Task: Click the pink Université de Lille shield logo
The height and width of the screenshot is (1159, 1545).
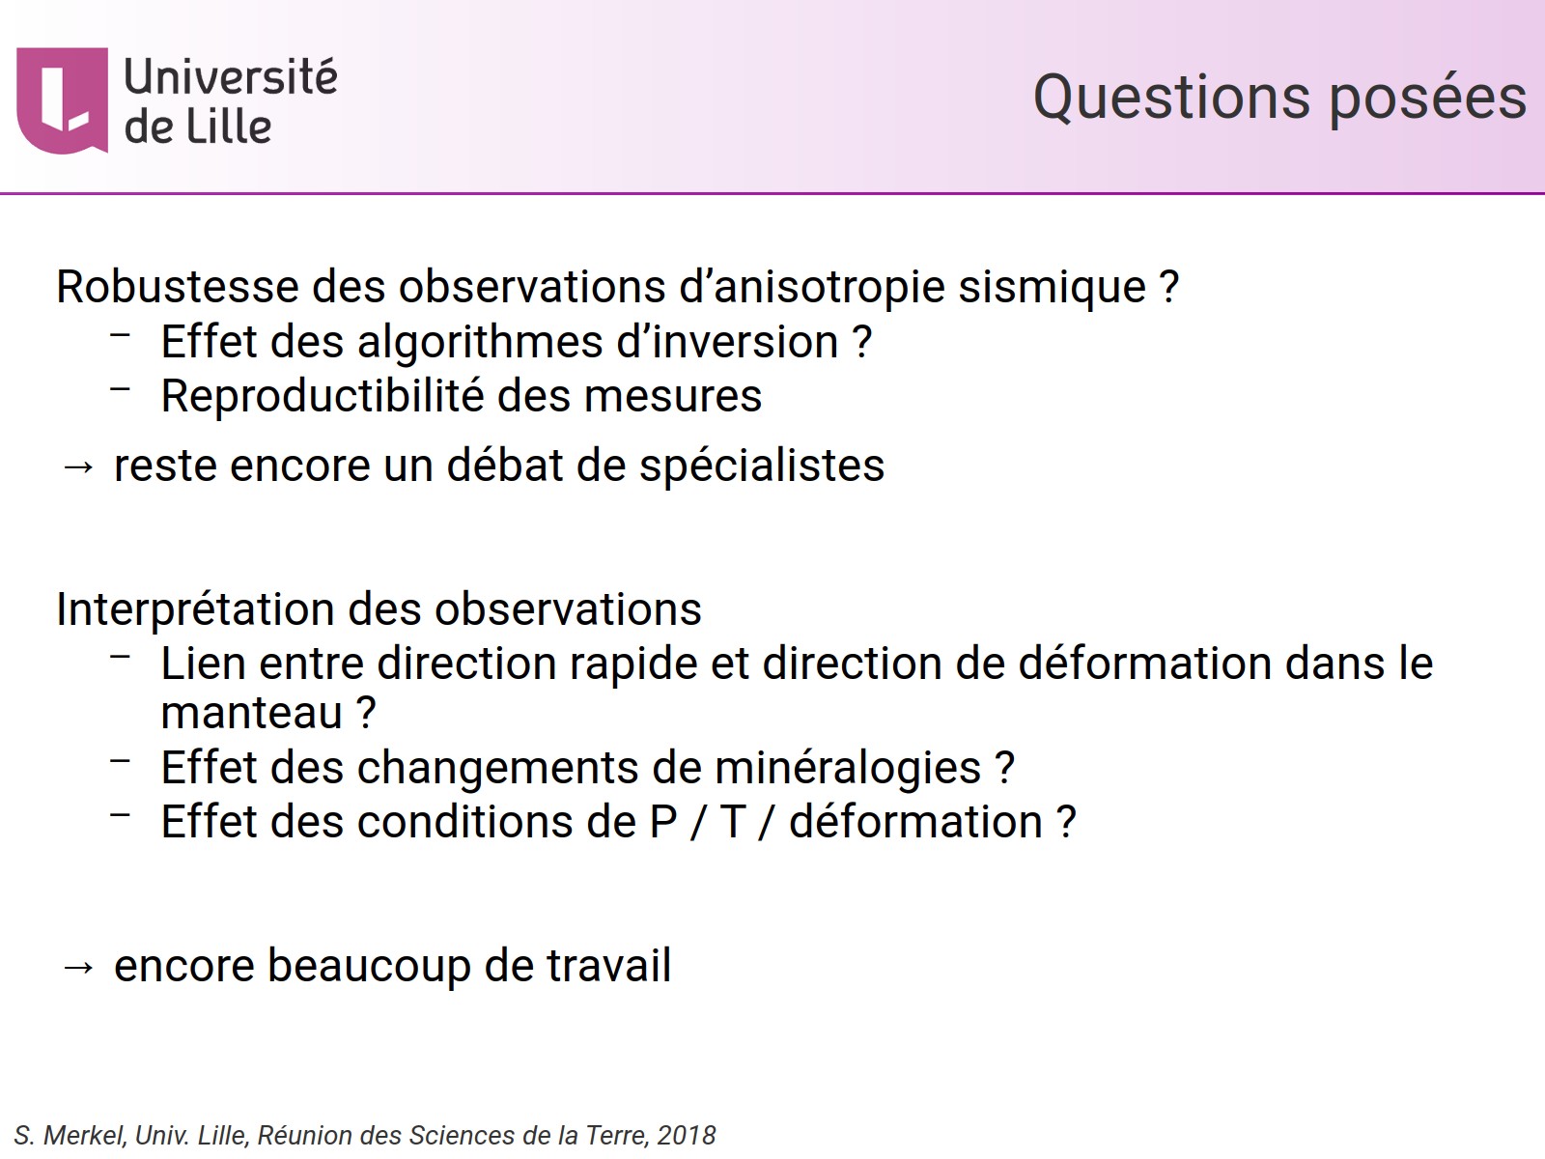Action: click(x=62, y=99)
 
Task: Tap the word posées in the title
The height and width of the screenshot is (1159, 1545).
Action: click(x=1428, y=98)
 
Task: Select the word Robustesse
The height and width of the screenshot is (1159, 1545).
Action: click(x=177, y=287)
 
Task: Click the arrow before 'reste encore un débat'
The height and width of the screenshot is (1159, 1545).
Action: click(x=77, y=466)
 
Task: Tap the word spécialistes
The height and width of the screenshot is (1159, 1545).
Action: click(x=762, y=466)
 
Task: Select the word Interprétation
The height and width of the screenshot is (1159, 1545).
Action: click(x=194, y=609)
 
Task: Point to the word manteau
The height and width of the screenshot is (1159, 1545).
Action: click(x=252, y=713)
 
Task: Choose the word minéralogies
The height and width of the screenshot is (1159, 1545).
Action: click(x=847, y=768)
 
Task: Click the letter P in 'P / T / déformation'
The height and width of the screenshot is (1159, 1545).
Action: click(x=663, y=822)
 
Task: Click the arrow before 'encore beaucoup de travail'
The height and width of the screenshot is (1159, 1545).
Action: click(x=77, y=967)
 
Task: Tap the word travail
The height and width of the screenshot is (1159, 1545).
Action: click(x=608, y=966)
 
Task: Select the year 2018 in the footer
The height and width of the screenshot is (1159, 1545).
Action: click(x=687, y=1136)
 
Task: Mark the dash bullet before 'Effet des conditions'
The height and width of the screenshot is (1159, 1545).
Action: click(x=121, y=815)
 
